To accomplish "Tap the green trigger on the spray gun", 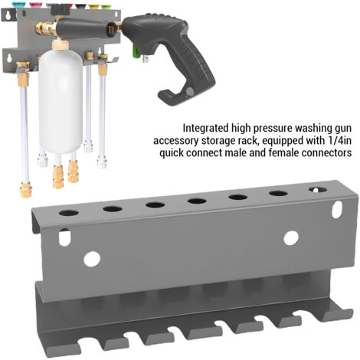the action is coord(136,53).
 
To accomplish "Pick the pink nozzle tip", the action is coord(35,5).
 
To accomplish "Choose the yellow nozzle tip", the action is coord(93,6).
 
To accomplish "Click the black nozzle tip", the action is coord(80,5).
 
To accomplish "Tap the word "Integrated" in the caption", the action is coord(205,128).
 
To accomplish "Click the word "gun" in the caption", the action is coord(342,129).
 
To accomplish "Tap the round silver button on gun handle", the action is coord(189,91).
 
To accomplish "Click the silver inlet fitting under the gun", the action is coord(146,59).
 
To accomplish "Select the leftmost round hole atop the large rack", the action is coord(68,212).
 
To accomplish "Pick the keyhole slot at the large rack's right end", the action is coord(337,210).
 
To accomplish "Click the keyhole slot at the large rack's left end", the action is coord(64,237).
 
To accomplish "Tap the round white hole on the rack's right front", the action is coord(291,238).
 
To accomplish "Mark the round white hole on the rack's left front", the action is coord(92,259).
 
